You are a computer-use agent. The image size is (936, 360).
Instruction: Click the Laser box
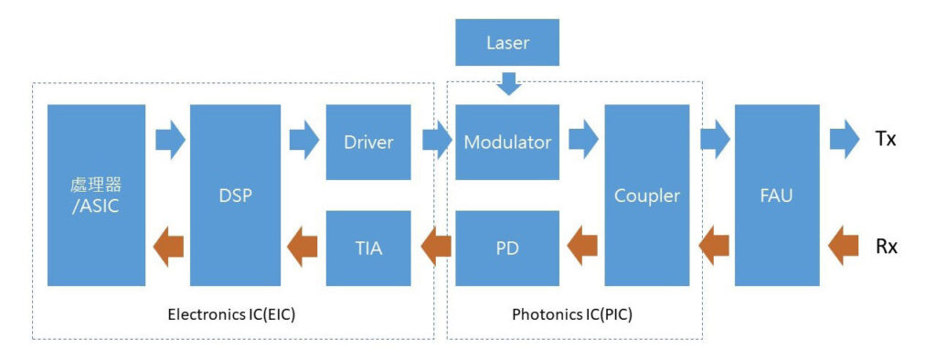[507, 42]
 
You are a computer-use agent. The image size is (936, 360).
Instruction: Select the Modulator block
[507, 143]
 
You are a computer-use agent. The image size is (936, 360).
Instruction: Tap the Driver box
[368, 143]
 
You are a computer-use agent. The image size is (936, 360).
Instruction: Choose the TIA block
[368, 248]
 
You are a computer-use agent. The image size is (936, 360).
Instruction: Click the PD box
[507, 248]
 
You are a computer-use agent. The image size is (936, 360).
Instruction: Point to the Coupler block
[647, 196]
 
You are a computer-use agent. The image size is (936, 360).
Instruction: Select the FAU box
[777, 196]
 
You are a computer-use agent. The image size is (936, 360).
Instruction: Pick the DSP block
[235, 196]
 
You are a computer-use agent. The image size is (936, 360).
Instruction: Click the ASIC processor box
[96, 196]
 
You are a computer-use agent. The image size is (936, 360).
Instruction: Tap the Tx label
[885, 141]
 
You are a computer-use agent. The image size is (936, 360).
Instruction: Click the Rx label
[887, 247]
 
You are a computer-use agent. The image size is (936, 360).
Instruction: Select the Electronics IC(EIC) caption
[231, 314]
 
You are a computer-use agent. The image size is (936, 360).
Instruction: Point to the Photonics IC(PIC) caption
[572, 314]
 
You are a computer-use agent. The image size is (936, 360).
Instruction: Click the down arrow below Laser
[508, 83]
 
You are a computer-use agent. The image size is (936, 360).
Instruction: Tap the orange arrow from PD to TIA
[436, 247]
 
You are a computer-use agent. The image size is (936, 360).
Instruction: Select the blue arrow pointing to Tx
[845, 141]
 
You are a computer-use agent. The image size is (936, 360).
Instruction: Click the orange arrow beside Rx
[844, 247]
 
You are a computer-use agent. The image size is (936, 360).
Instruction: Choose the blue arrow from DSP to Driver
[304, 141]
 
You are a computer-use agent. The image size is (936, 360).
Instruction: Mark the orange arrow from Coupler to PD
[581, 247]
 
